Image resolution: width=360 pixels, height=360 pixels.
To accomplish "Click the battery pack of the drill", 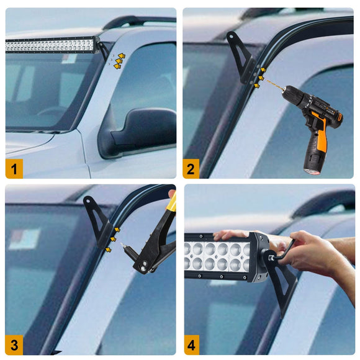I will [314, 158].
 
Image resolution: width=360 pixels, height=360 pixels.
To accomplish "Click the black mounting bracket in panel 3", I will [98, 220].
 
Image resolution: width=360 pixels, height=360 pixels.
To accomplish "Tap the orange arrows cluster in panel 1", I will [119, 60].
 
